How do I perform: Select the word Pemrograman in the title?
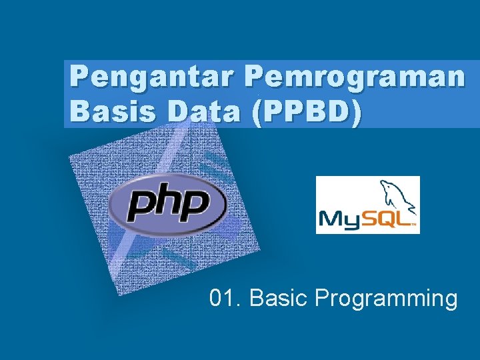(x=354, y=78)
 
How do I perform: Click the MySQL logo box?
(x=367, y=205)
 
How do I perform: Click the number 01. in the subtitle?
(x=225, y=298)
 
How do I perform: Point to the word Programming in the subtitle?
(x=386, y=299)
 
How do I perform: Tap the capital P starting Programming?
(x=323, y=298)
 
